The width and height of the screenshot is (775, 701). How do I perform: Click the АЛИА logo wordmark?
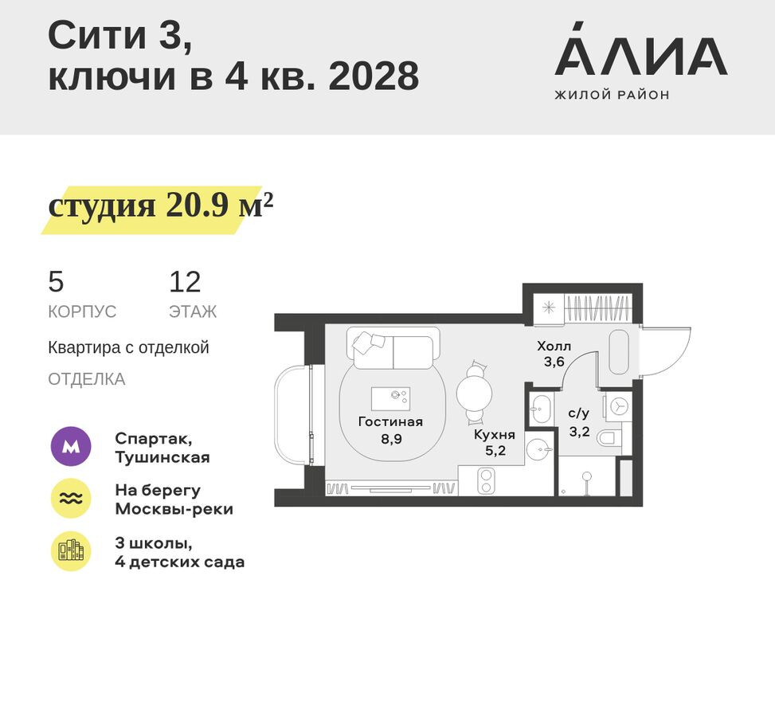[640, 57]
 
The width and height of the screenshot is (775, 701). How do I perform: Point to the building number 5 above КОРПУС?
[56, 282]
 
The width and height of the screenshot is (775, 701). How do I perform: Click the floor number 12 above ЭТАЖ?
[185, 282]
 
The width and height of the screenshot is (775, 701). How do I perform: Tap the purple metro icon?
[71, 447]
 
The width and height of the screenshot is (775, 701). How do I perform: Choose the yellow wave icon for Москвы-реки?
[71, 499]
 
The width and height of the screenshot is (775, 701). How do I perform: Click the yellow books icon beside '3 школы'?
[71, 551]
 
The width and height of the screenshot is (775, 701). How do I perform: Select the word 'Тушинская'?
[162, 457]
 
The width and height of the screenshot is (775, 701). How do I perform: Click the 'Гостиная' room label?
[390, 422]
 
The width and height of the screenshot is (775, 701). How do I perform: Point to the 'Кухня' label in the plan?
[494, 435]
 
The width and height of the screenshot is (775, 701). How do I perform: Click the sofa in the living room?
[393, 350]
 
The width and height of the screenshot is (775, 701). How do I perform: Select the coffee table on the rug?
[391, 397]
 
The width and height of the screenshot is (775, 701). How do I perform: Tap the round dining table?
[475, 392]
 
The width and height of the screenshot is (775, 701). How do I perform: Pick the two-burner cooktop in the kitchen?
[486, 480]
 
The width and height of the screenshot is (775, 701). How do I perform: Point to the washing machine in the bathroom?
[618, 406]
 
